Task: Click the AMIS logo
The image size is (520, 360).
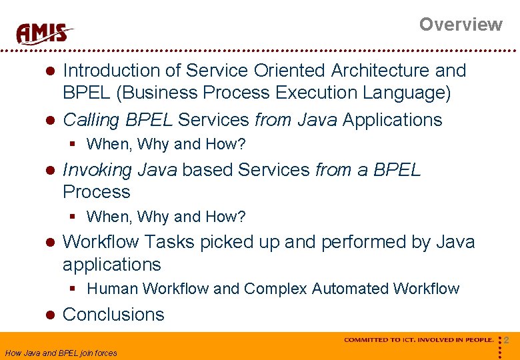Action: [x=45, y=33]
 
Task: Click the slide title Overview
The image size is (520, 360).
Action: [x=460, y=25]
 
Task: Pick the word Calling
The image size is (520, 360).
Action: [x=91, y=120]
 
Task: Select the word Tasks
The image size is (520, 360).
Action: [x=171, y=241]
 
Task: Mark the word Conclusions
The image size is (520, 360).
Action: [x=113, y=315]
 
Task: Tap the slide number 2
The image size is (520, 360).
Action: [x=507, y=341]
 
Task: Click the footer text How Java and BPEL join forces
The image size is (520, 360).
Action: [x=61, y=353]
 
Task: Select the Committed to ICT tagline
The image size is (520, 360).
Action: [x=419, y=340]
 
